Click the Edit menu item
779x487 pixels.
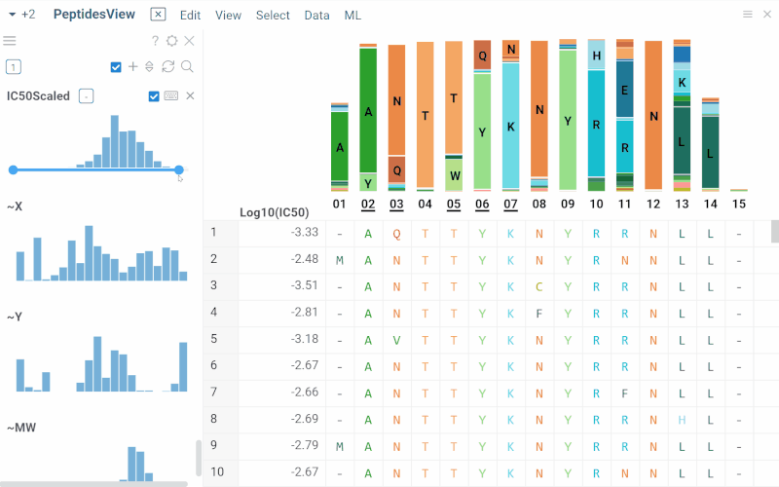click(190, 15)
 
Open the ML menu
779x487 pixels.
click(352, 15)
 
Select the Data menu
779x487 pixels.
click(316, 15)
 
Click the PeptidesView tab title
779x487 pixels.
click(95, 15)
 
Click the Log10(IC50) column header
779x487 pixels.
click(275, 212)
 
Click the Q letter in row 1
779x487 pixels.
click(396, 233)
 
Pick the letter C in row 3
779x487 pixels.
click(538, 286)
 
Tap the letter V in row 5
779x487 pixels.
click(396, 339)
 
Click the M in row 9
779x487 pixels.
click(339, 445)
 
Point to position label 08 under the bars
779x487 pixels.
click(538, 205)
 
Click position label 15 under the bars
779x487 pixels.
click(739, 205)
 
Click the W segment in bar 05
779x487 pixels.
click(454, 175)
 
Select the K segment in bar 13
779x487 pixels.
click(683, 82)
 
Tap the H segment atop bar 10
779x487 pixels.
click(596, 56)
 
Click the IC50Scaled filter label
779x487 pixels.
click(38, 95)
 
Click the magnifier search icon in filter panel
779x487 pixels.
click(187, 66)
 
